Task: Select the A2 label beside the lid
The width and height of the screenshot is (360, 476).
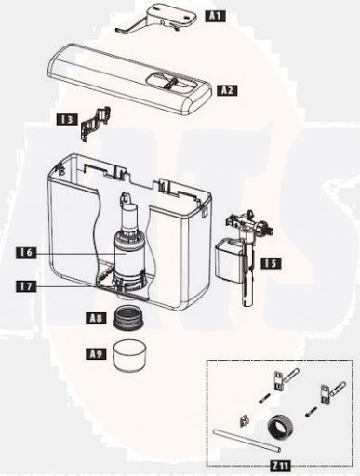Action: [x=227, y=90]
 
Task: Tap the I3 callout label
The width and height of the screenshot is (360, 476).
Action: [x=66, y=119]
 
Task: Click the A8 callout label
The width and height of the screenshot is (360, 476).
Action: [x=96, y=317]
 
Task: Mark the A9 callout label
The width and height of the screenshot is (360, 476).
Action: [x=95, y=353]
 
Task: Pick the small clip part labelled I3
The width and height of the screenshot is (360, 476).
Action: [x=97, y=123]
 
